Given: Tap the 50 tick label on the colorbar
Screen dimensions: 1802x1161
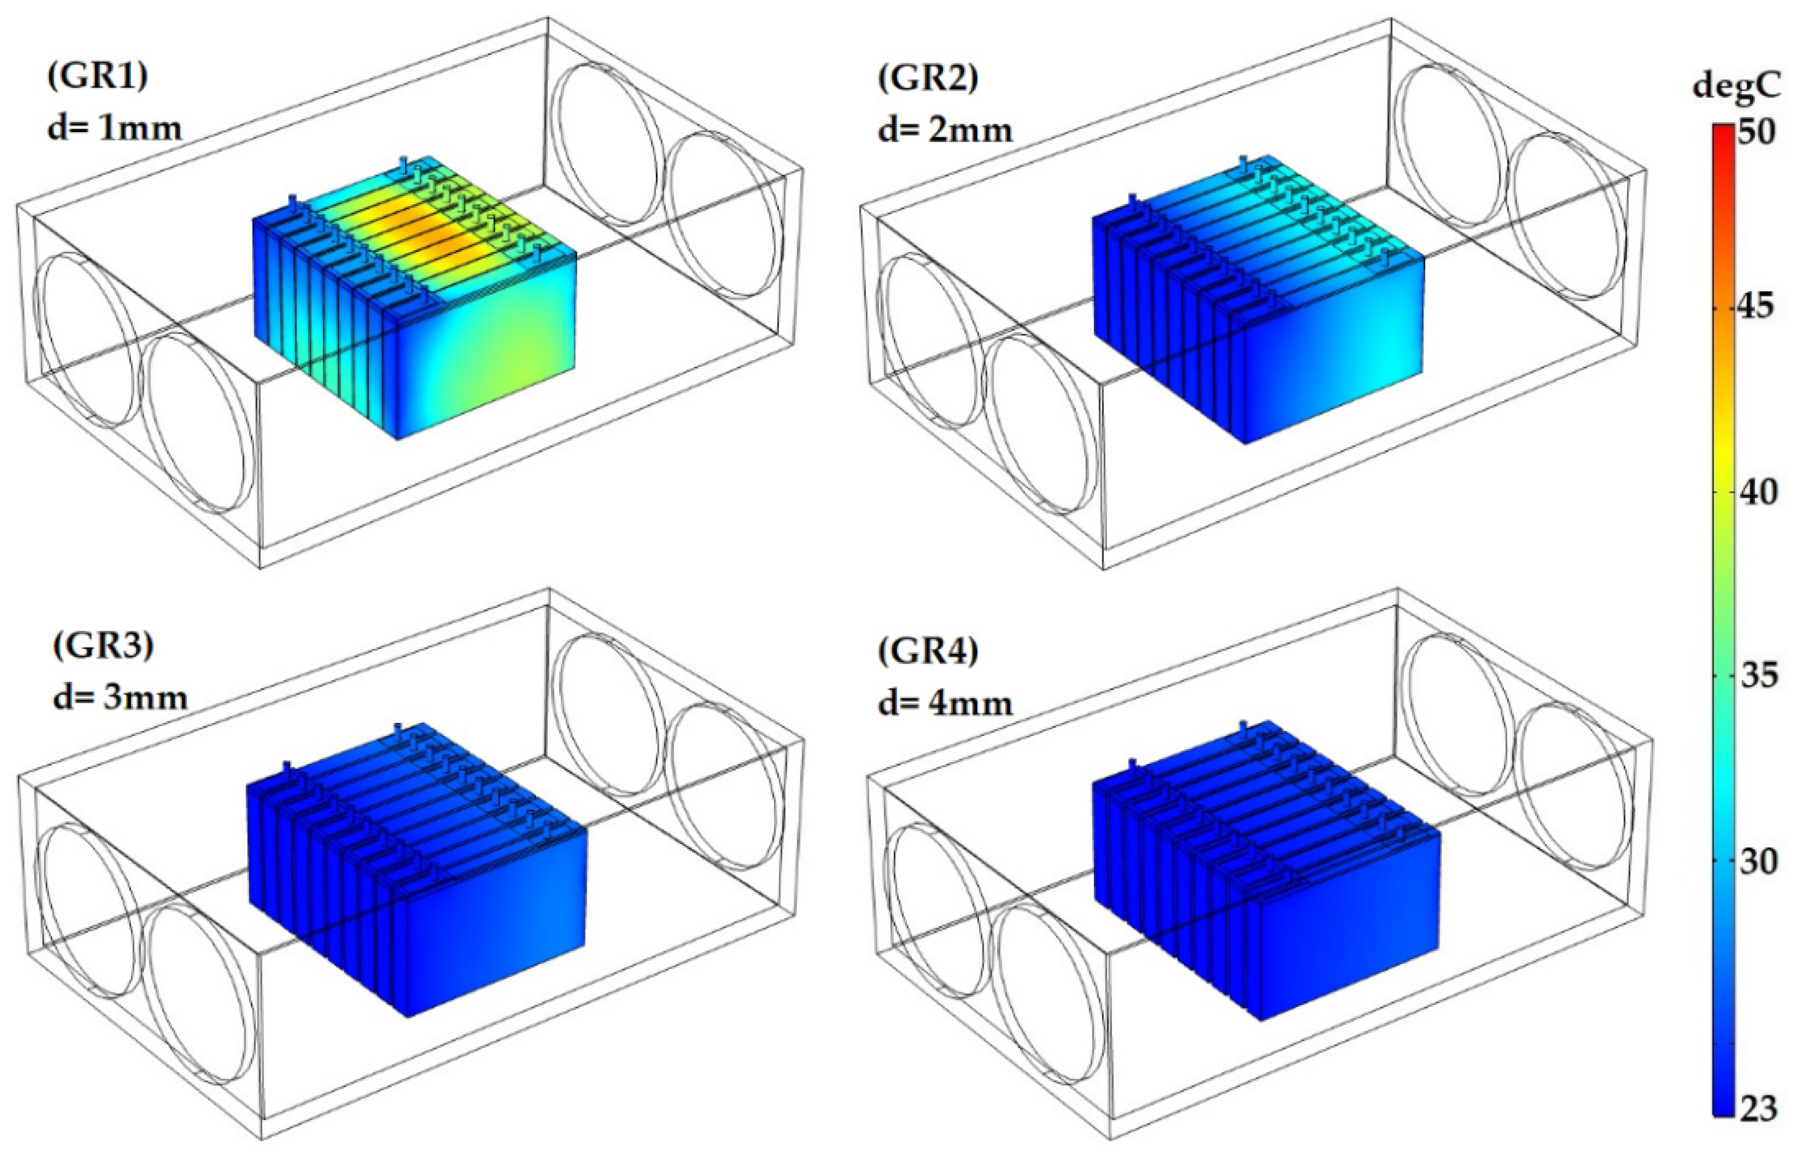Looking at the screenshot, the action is [1757, 133].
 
